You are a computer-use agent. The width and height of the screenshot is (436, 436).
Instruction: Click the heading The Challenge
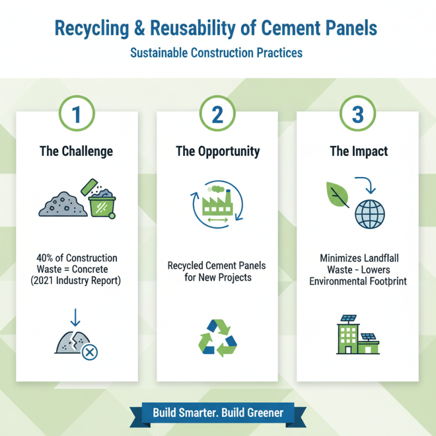click(x=77, y=151)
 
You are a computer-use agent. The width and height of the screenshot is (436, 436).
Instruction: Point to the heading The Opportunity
click(x=217, y=151)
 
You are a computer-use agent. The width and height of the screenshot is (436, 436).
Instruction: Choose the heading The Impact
click(x=358, y=151)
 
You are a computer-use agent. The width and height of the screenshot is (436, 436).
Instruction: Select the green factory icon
click(x=216, y=206)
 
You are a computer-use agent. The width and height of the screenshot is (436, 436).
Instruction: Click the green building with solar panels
click(x=358, y=336)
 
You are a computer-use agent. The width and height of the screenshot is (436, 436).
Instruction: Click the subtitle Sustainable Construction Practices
click(x=217, y=53)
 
